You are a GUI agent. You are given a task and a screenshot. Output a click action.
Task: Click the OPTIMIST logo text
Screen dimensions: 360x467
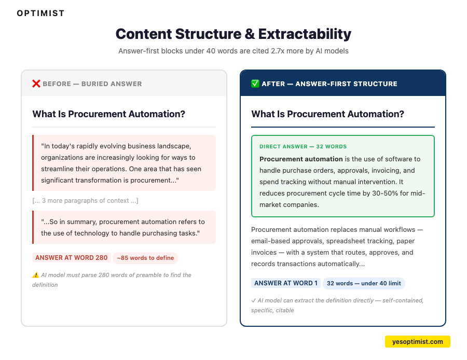tap(40, 13)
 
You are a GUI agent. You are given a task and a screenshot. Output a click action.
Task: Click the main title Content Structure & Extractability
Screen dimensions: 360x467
tap(233, 34)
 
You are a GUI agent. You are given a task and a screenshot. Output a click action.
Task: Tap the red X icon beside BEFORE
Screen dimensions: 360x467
tap(36, 84)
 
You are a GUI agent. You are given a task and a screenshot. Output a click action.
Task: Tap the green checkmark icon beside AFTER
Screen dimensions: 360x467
tap(255, 84)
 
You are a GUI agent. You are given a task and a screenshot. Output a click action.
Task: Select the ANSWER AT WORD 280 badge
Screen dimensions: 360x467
tap(72, 258)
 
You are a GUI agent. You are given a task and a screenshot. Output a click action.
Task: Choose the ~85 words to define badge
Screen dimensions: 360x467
tap(145, 258)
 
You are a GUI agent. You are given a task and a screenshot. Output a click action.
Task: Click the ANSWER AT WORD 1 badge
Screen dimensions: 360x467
tap(285, 283)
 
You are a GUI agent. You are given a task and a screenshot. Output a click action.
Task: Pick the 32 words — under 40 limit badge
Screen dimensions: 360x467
tap(364, 283)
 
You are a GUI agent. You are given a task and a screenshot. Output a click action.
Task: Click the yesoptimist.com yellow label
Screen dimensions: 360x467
tap(418, 342)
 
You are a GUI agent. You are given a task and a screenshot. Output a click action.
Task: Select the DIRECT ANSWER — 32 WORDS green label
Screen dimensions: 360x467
tap(303, 147)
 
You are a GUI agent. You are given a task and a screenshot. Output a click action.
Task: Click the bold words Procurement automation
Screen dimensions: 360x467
tap(301, 159)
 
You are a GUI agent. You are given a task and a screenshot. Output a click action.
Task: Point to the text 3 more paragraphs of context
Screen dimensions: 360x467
tap(85, 201)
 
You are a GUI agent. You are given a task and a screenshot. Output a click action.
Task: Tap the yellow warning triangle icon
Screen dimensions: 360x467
tap(35, 275)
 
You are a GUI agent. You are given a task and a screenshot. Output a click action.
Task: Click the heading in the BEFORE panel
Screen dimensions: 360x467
tap(108, 114)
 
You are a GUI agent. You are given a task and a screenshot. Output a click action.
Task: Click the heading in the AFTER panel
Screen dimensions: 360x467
tap(327, 114)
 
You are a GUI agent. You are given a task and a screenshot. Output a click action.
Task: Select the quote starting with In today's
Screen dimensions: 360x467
tap(121, 163)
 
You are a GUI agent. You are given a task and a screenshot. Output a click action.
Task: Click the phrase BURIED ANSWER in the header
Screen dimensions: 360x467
tap(112, 84)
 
